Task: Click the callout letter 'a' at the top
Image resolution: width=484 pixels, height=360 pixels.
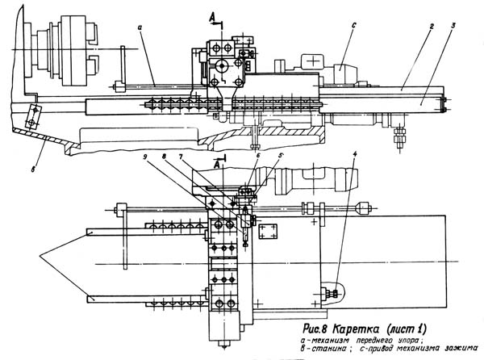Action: click(140, 27)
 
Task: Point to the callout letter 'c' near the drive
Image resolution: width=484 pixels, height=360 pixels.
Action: click(353, 26)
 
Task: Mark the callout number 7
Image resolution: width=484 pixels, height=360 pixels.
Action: click(182, 156)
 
